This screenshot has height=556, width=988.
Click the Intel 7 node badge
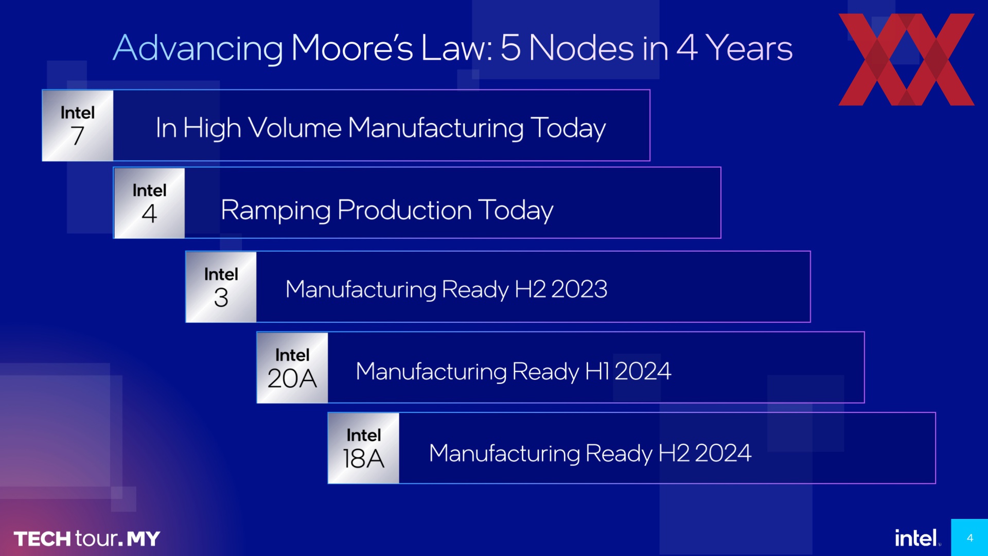(78, 126)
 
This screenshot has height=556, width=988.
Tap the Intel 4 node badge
(149, 203)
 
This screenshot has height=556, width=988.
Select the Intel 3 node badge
(221, 287)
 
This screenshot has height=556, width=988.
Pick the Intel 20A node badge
(292, 368)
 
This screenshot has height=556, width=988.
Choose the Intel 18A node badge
(364, 448)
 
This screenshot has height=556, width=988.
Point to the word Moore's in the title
(352, 48)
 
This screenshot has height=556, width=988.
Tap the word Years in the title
(749, 48)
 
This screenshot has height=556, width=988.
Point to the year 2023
(579, 289)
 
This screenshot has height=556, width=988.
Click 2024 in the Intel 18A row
(723, 453)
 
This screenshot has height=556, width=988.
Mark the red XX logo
(906, 60)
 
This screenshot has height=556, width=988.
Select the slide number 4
(970, 538)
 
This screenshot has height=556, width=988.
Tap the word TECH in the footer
(42, 539)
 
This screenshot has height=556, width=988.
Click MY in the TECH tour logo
(144, 539)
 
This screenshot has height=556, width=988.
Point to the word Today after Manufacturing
(568, 129)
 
